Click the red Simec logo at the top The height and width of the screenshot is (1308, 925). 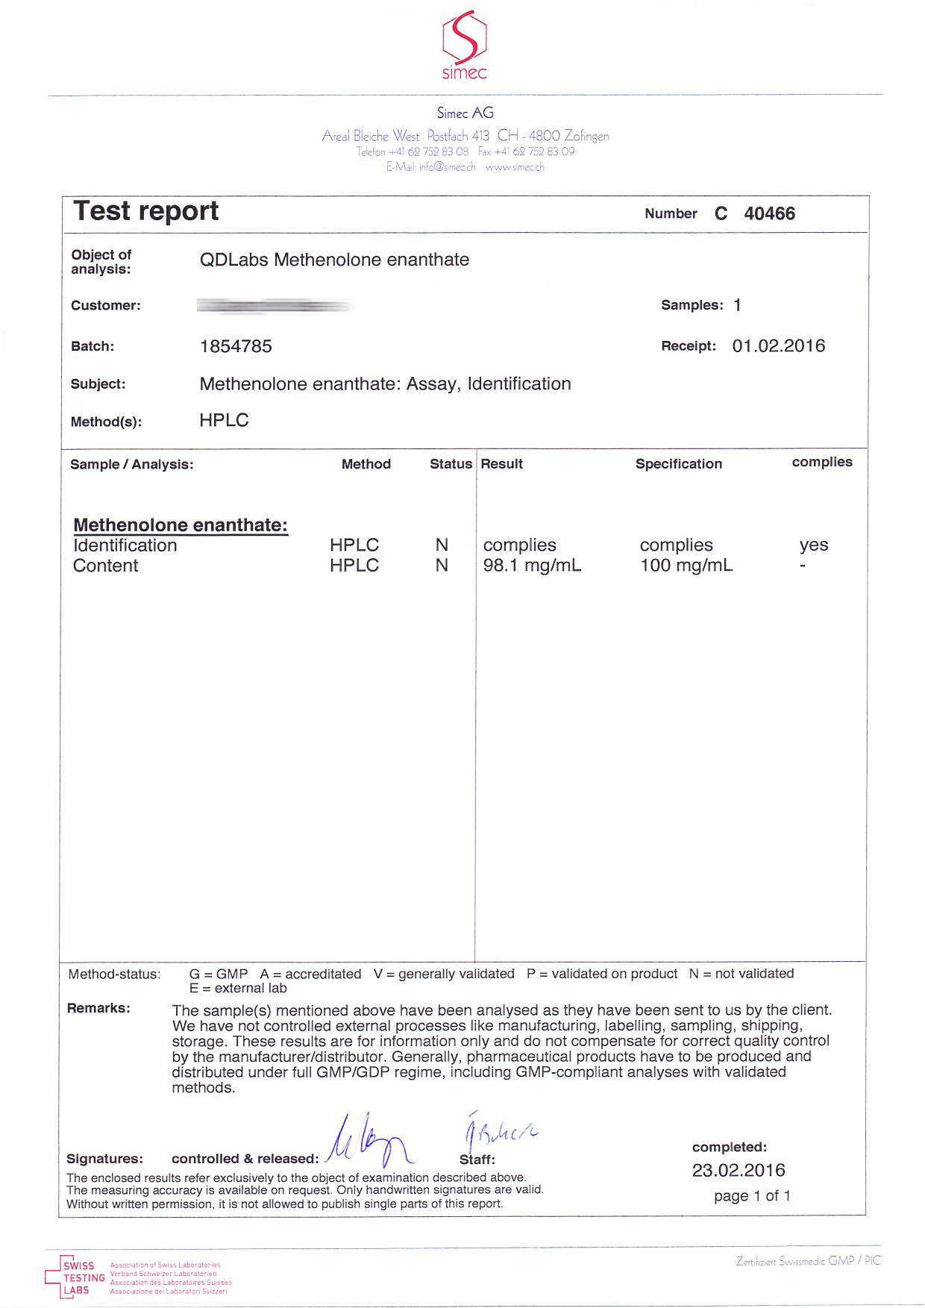point(464,45)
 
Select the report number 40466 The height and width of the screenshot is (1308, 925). point(769,214)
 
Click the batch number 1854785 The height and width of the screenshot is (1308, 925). point(236,346)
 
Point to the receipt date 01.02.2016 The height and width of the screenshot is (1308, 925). point(778,346)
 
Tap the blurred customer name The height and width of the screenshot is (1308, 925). point(275,305)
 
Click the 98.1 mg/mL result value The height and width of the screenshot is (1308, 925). point(532,566)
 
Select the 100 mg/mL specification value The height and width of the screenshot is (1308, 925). point(686,566)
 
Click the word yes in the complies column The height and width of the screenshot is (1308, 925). point(813,545)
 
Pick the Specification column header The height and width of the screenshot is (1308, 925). point(678,464)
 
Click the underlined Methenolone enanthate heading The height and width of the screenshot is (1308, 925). point(181,525)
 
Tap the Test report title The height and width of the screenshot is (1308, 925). point(146,211)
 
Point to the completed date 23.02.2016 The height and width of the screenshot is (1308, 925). point(738,1170)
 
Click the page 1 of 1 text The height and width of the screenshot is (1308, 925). point(752,1196)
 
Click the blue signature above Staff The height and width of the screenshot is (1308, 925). point(498,1134)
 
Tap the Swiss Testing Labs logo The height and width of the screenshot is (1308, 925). point(75,1277)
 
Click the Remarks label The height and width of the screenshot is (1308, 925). point(98,1009)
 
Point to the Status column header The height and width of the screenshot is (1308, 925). point(451,464)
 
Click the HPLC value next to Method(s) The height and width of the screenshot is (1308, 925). point(224,421)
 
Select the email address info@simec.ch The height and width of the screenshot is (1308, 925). point(447,167)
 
